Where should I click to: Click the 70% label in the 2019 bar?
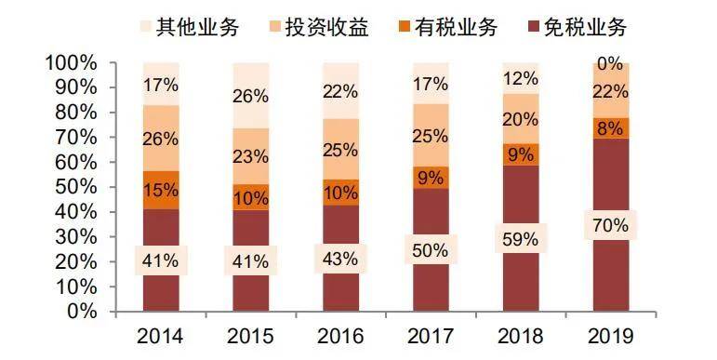(610, 225)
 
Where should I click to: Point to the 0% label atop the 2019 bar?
(610, 64)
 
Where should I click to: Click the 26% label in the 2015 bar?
(250, 96)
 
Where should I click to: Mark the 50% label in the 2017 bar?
(431, 250)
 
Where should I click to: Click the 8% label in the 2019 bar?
(610, 128)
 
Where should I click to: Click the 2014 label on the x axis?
(160, 336)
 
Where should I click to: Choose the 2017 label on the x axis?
(430, 336)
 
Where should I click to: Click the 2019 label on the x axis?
(610, 336)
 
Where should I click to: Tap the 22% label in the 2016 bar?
(340, 91)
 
